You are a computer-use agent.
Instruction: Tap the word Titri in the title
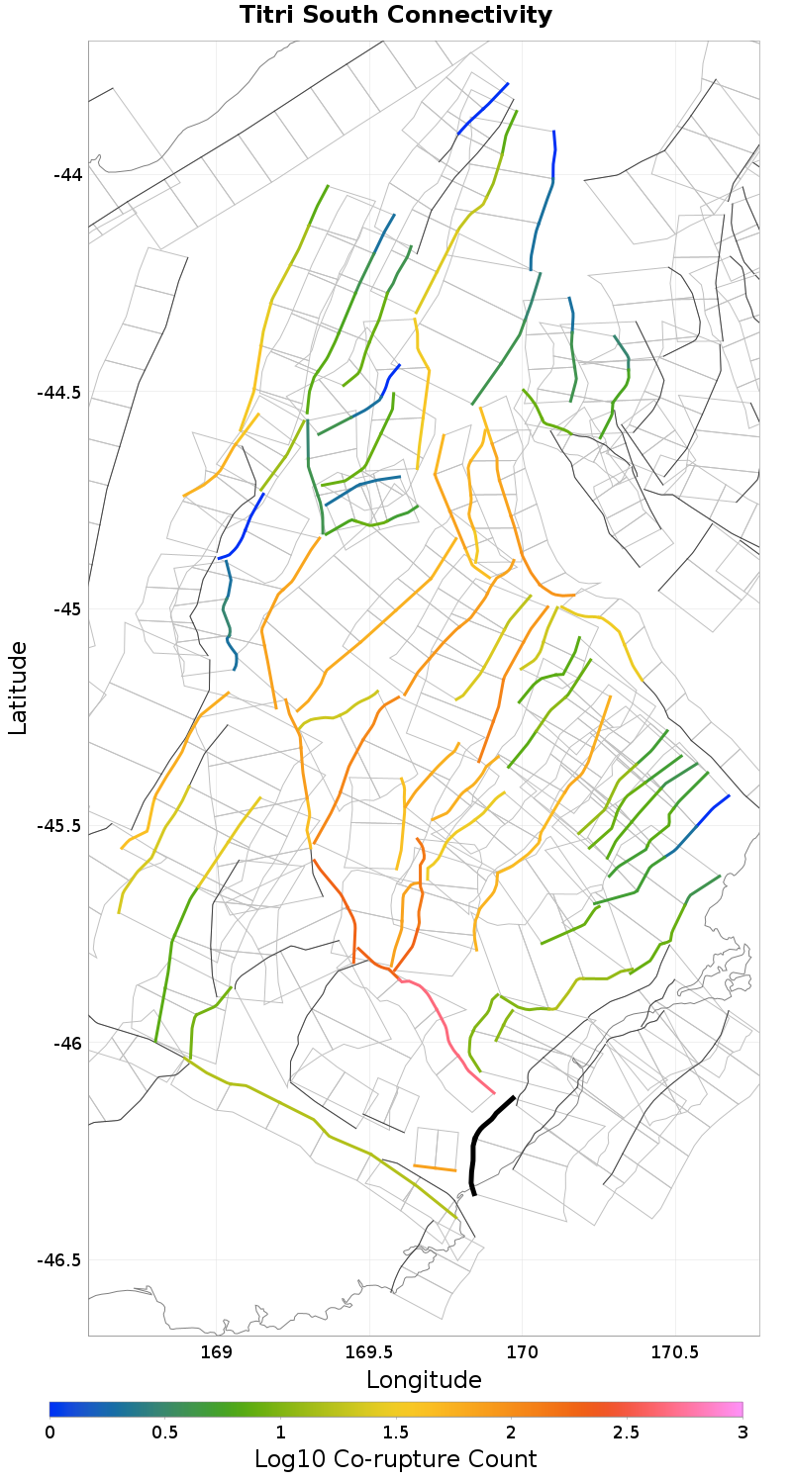coord(270,16)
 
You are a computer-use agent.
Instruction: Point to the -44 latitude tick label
coord(67,175)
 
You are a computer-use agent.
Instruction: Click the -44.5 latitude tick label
coord(59,393)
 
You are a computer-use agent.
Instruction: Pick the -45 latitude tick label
coord(67,609)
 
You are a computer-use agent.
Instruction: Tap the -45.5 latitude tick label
coord(59,826)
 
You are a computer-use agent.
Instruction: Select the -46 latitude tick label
coord(67,1044)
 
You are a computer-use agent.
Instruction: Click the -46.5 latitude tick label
coord(59,1260)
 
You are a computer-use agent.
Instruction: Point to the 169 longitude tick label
coord(216,1352)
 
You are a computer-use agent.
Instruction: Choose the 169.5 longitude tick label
coord(369,1352)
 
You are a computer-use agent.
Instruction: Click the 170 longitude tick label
coord(522,1352)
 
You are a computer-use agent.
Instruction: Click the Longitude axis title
coord(424,1380)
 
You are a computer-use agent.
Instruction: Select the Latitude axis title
coord(18,688)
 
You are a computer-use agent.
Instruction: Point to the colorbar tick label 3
coord(742,1433)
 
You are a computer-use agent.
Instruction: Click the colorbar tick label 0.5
coord(165,1433)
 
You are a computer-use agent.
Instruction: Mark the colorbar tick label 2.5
coord(627,1433)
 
